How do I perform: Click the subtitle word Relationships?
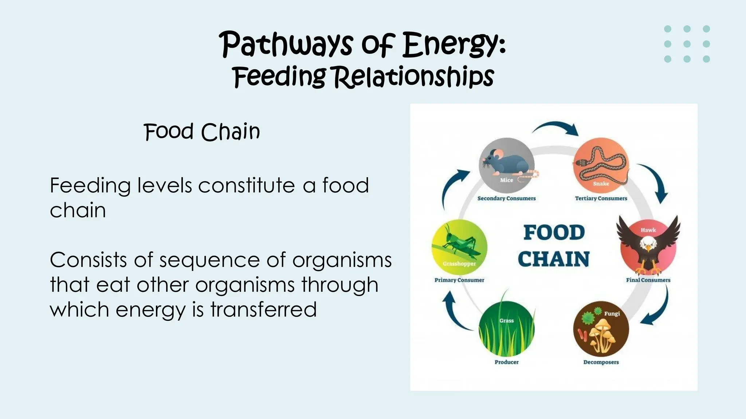(414, 77)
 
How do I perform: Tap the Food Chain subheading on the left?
(202, 132)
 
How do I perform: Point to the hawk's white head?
(648, 243)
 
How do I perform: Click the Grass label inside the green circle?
(506, 320)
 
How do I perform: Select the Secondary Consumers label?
(506, 198)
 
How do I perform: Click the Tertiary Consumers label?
(601, 198)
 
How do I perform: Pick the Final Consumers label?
(648, 280)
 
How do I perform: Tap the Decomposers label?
(601, 362)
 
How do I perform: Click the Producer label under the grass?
(506, 362)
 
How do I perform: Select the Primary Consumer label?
(459, 280)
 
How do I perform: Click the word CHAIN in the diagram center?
(554, 259)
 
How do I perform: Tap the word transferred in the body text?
(263, 310)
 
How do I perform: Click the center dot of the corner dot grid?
(687, 44)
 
